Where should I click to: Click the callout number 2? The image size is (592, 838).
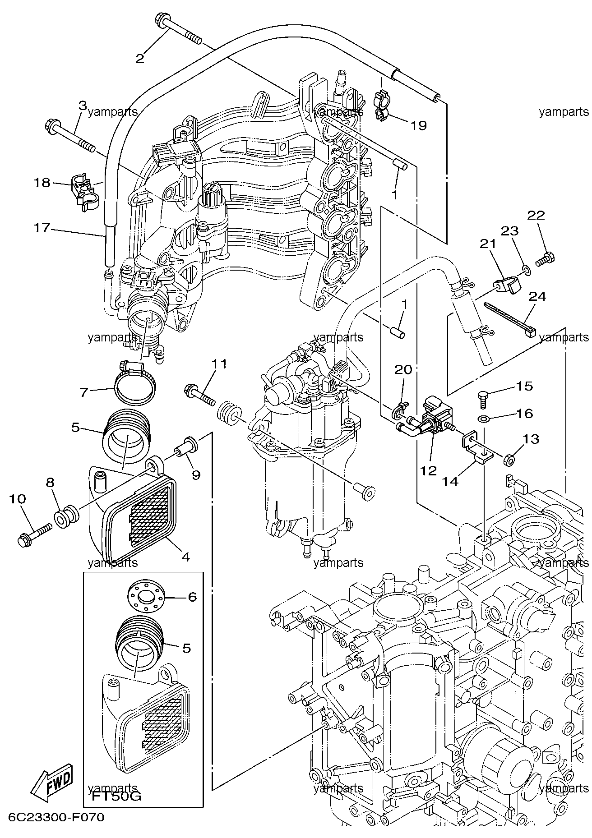[x=140, y=58]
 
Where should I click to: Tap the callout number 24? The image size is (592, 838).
[x=537, y=296]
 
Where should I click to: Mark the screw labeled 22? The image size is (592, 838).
[x=546, y=259]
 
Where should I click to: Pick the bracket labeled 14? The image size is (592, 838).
[x=476, y=450]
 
